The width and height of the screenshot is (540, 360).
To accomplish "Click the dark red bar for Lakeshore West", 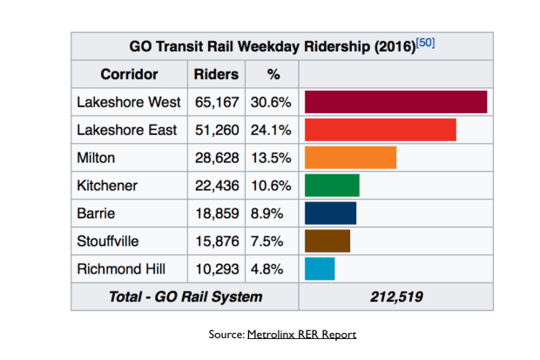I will click(x=395, y=102).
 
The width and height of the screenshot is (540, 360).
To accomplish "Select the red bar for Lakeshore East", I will click(x=380, y=130).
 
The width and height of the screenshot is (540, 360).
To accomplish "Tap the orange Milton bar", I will click(x=350, y=158).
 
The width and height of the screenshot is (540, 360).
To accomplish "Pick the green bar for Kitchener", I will click(x=332, y=186).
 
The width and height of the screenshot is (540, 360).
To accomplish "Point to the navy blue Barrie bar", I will click(x=330, y=214).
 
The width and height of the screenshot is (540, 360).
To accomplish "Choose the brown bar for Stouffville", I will click(x=327, y=241).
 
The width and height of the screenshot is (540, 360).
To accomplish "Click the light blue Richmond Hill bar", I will click(x=319, y=269).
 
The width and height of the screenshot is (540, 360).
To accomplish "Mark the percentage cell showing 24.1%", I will click(x=272, y=130).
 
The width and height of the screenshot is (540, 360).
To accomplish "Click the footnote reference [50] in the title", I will click(x=426, y=43).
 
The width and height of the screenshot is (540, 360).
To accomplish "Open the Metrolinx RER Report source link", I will click(x=301, y=334).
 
